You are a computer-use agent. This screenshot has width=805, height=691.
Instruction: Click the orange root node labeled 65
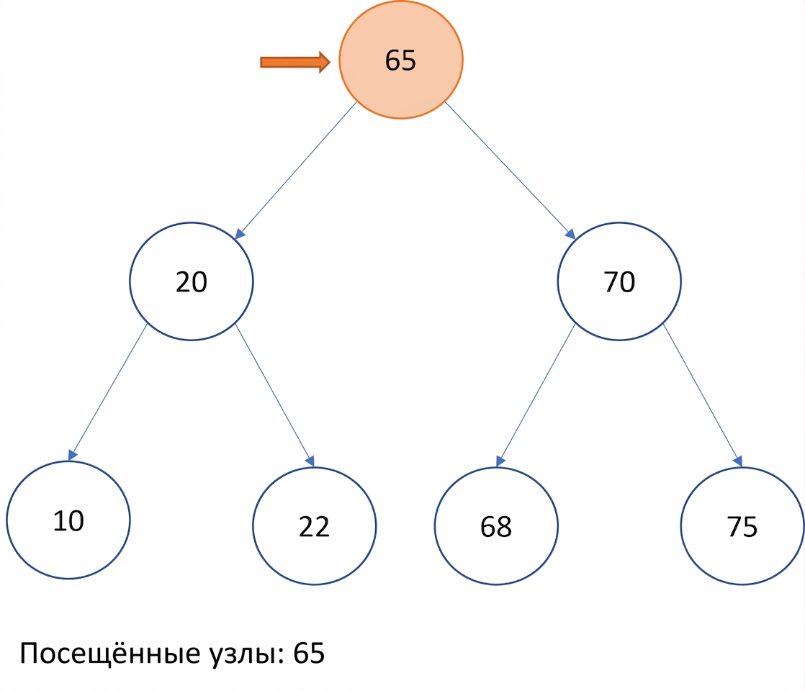click(x=401, y=60)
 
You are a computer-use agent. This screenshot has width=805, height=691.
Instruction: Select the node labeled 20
click(x=192, y=281)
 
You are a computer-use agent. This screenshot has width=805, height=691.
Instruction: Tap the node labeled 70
click(x=619, y=281)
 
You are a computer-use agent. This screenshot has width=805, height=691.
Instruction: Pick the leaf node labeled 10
click(x=68, y=520)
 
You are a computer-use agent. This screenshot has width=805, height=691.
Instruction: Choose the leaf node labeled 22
click(x=314, y=525)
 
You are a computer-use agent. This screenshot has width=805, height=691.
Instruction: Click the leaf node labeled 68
click(x=496, y=525)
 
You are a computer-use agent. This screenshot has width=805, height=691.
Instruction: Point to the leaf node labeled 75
click(x=742, y=525)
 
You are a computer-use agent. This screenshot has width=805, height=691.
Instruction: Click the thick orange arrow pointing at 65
click(x=295, y=62)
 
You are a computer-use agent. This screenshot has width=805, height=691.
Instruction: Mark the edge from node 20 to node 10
click(x=108, y=392)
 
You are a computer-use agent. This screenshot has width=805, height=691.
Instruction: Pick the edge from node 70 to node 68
click(x=536, y=395)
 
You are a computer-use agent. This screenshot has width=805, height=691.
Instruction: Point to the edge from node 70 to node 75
click(x=703, y=395)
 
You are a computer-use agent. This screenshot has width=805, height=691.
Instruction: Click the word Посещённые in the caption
click(x=110, y=653)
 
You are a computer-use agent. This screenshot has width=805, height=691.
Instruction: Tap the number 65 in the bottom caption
click(x=309, y=653)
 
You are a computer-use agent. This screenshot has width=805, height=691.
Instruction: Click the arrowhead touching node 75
click(x=738, y=461)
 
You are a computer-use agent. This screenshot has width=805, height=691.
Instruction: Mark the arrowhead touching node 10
click(x=73, y=455)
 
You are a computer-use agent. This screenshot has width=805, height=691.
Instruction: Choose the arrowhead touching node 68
click(x=500, y=461)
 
